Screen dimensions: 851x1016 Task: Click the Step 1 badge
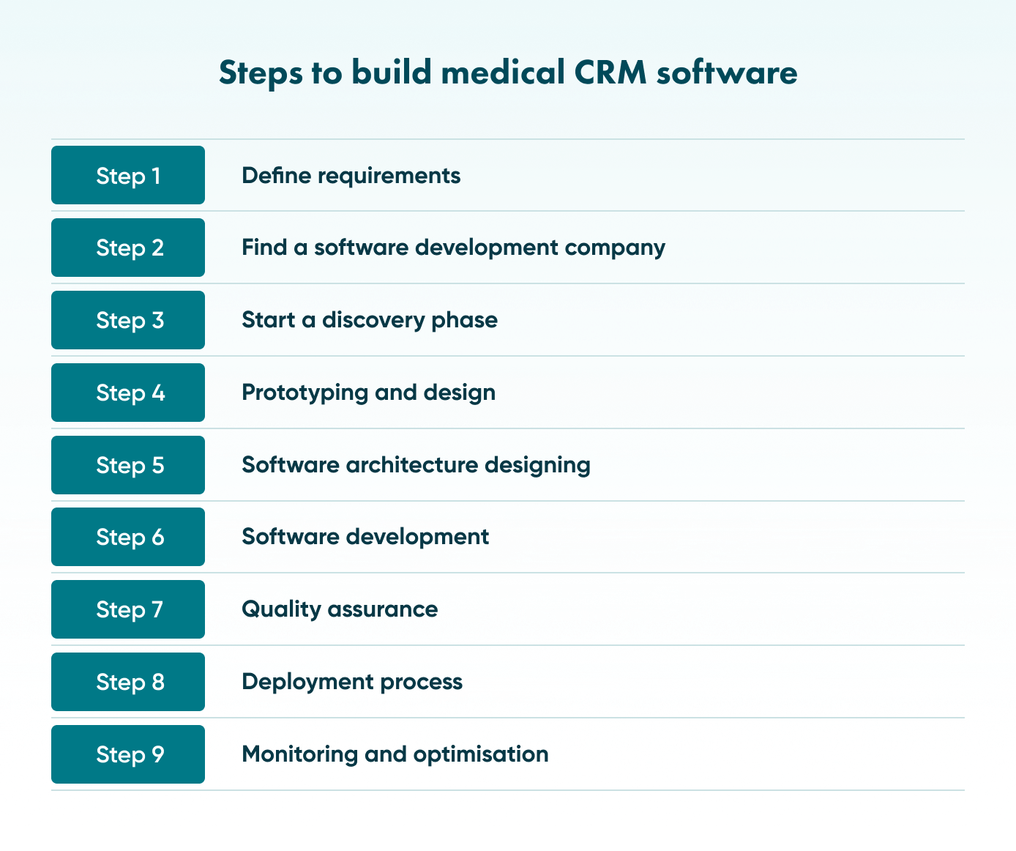click(128, 176)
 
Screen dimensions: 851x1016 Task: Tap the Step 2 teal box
click(128, 248)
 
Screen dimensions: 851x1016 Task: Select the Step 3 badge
click(128, 320)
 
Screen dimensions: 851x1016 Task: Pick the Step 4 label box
click(128, 393)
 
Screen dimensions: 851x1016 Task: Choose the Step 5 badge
click(128, 465)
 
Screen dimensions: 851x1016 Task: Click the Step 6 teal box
click(128, 537)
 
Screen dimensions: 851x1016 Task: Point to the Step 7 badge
click(128, 609)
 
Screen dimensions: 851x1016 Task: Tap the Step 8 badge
click(128, 682)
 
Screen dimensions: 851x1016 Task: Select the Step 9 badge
click(128, 754)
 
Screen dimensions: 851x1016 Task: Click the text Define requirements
click(351, 176)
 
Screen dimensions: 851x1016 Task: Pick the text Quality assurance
click(340, 609)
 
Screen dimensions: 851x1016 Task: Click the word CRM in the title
click(610, 73)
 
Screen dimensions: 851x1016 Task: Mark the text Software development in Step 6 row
click(365, 537)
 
